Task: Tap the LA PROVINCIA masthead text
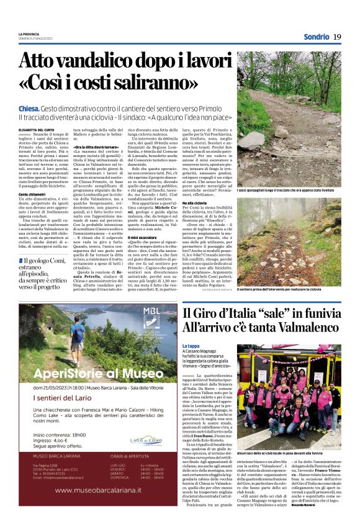tap(28, 33)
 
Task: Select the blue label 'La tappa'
tap(191, 346)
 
